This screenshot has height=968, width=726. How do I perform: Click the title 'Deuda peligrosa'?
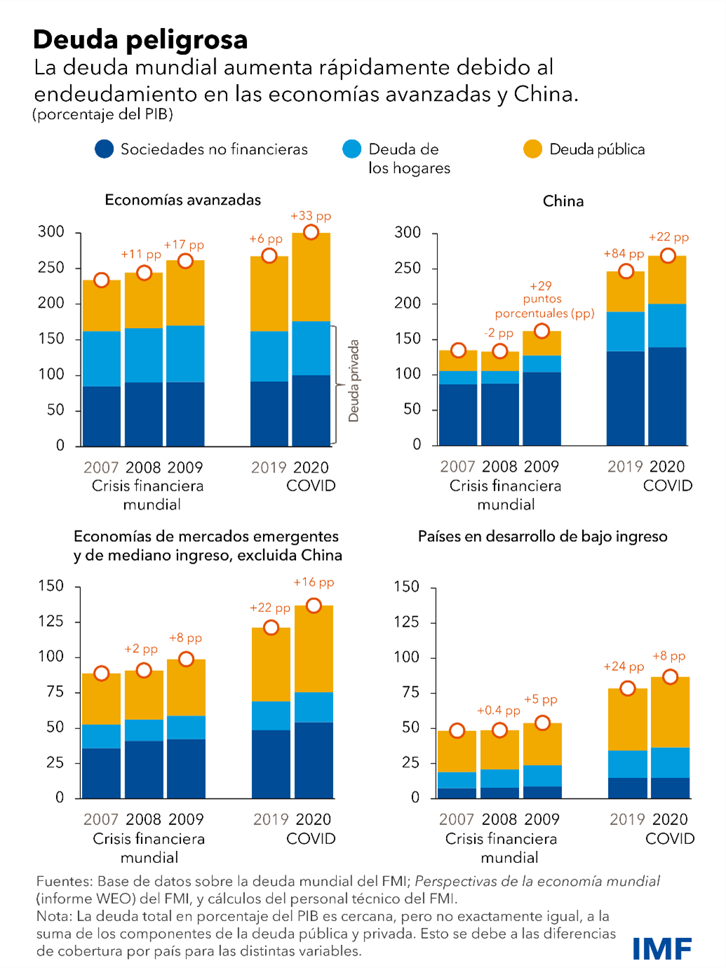(140, 40)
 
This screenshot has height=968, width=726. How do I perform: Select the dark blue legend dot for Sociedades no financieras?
(104, 149)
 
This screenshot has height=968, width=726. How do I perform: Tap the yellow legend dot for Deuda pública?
(532, 149)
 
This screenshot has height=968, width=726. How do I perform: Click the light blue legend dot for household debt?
(351, 149)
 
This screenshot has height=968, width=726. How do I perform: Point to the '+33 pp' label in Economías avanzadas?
(311, 216)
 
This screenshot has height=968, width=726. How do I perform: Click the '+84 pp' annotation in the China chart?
(624, 254)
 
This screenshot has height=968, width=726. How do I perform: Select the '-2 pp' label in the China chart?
(499, 333)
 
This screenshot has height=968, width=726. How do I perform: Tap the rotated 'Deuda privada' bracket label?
(354, 381)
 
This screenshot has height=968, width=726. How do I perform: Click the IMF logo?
(661, 948)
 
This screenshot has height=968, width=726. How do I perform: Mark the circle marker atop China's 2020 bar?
(668, 256)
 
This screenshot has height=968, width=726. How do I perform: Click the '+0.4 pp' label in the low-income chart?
(499, 711)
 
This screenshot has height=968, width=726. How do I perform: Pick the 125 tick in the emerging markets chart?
(51, 621)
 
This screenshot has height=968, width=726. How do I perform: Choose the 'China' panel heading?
(563, 201)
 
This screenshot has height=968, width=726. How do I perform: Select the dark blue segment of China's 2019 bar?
(625, 398)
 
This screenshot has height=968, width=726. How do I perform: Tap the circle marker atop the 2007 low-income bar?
(457, 731)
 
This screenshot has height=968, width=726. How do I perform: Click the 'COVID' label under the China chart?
(667, 486)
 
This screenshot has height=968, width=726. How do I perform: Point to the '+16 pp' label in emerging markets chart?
(314, 582)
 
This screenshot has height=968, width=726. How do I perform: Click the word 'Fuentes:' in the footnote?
(64, 881)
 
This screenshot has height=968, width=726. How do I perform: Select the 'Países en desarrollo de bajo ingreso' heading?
(542, 537)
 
